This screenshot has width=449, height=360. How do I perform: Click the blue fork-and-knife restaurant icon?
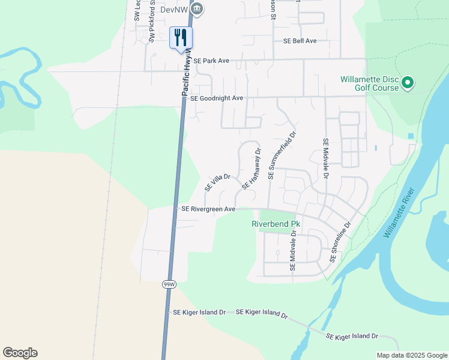[x=181, y=38]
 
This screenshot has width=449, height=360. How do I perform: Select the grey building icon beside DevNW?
[x=197, y=8]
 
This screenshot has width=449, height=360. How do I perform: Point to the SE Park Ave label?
[x=212, y=61]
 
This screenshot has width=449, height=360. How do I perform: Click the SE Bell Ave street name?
[x=300, y=41]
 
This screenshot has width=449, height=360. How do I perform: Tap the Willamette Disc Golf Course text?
[x=369, y=83]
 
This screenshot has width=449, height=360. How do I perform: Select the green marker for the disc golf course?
[x=408, y=82]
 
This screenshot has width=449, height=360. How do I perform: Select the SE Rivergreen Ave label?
[x=208, y=209]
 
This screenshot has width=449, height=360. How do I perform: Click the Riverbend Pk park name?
[x=275, y=224]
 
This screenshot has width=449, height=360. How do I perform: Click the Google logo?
[x=20, y=353]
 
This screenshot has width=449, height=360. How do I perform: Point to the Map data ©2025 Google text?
[x=411, y=355]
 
